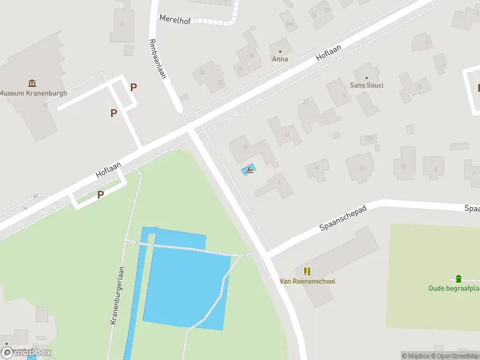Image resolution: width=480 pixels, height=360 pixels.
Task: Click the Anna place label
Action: (280, 59)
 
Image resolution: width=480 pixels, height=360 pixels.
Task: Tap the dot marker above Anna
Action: (280, 50)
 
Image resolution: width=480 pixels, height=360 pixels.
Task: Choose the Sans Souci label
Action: (367, 85)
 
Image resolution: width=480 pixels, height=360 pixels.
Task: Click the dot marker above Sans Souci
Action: (367, 77)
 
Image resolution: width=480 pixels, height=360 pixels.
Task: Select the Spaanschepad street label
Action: (343, 217)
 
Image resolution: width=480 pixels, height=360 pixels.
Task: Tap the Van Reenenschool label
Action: (307, 281)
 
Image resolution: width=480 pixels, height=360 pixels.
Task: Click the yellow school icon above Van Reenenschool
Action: (307, 271)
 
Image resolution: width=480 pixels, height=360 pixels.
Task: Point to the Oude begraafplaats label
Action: (454, 288)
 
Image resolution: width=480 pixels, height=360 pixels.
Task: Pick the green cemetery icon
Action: (458, 278)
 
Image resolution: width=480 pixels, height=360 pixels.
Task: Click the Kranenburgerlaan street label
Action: (116, 295)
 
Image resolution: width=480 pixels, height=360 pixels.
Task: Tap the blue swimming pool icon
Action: (248, 172)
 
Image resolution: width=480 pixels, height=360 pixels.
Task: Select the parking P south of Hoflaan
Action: (101, 194)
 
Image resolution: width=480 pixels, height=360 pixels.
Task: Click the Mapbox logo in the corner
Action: (26, 353)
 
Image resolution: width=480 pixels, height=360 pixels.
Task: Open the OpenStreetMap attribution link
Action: (458, 356)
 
